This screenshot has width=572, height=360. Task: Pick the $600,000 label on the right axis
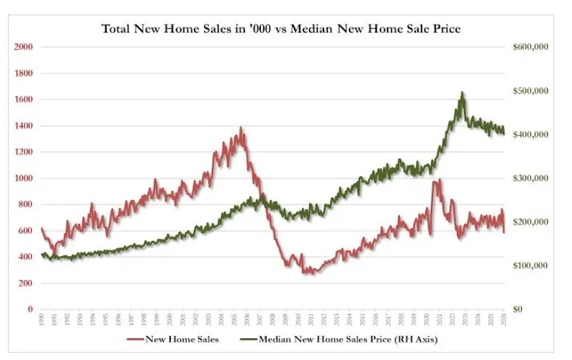click(x=530, y=47)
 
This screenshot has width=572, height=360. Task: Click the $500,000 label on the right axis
click(x=530, y=91)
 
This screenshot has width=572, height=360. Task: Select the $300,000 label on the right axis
click(x=530, y=178)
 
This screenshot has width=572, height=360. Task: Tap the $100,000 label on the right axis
click(x=530, y=265)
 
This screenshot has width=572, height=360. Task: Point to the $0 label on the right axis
click(x=520, y=309)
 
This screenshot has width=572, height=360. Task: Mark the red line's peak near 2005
click(x=241, y=128)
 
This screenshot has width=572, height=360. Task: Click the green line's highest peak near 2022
click(x=462, y=93)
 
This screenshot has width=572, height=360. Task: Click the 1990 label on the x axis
click(x=41, y=321)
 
